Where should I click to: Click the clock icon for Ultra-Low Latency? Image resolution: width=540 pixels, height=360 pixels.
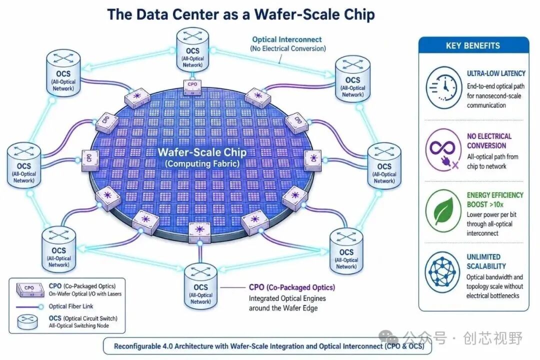[x=443, y=88]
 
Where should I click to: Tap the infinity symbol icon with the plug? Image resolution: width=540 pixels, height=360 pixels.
[x=443, y=150]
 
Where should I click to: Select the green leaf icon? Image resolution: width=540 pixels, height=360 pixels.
[x=443, y=211]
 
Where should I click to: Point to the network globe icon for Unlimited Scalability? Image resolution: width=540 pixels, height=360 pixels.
[x=443, y=272]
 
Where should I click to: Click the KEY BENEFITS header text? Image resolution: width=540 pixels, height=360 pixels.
[x=473, y=46]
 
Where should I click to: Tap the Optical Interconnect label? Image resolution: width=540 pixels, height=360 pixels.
[x=287, y=39]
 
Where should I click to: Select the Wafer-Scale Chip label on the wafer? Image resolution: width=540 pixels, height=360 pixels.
[x=202, y=152]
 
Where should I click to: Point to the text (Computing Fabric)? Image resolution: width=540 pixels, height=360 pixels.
[x=202, y=163]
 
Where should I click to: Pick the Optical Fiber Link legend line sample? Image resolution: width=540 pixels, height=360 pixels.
[x=29, y=306]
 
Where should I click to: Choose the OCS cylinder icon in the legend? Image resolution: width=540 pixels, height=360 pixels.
[x=27, y=322]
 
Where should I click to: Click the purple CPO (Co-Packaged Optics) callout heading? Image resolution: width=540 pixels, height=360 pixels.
[x=292, y=287]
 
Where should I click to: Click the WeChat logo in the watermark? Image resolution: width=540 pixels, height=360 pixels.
[x=388, y=337]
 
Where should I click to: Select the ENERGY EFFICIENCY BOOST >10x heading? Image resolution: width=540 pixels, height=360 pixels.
[x=495, y=200]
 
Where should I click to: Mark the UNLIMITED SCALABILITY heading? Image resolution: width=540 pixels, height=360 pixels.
[x=486, y=261]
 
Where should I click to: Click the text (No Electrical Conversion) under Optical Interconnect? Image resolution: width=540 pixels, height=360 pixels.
[x=288, y=48]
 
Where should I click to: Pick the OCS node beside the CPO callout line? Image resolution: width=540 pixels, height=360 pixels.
[x=201, y=286]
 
